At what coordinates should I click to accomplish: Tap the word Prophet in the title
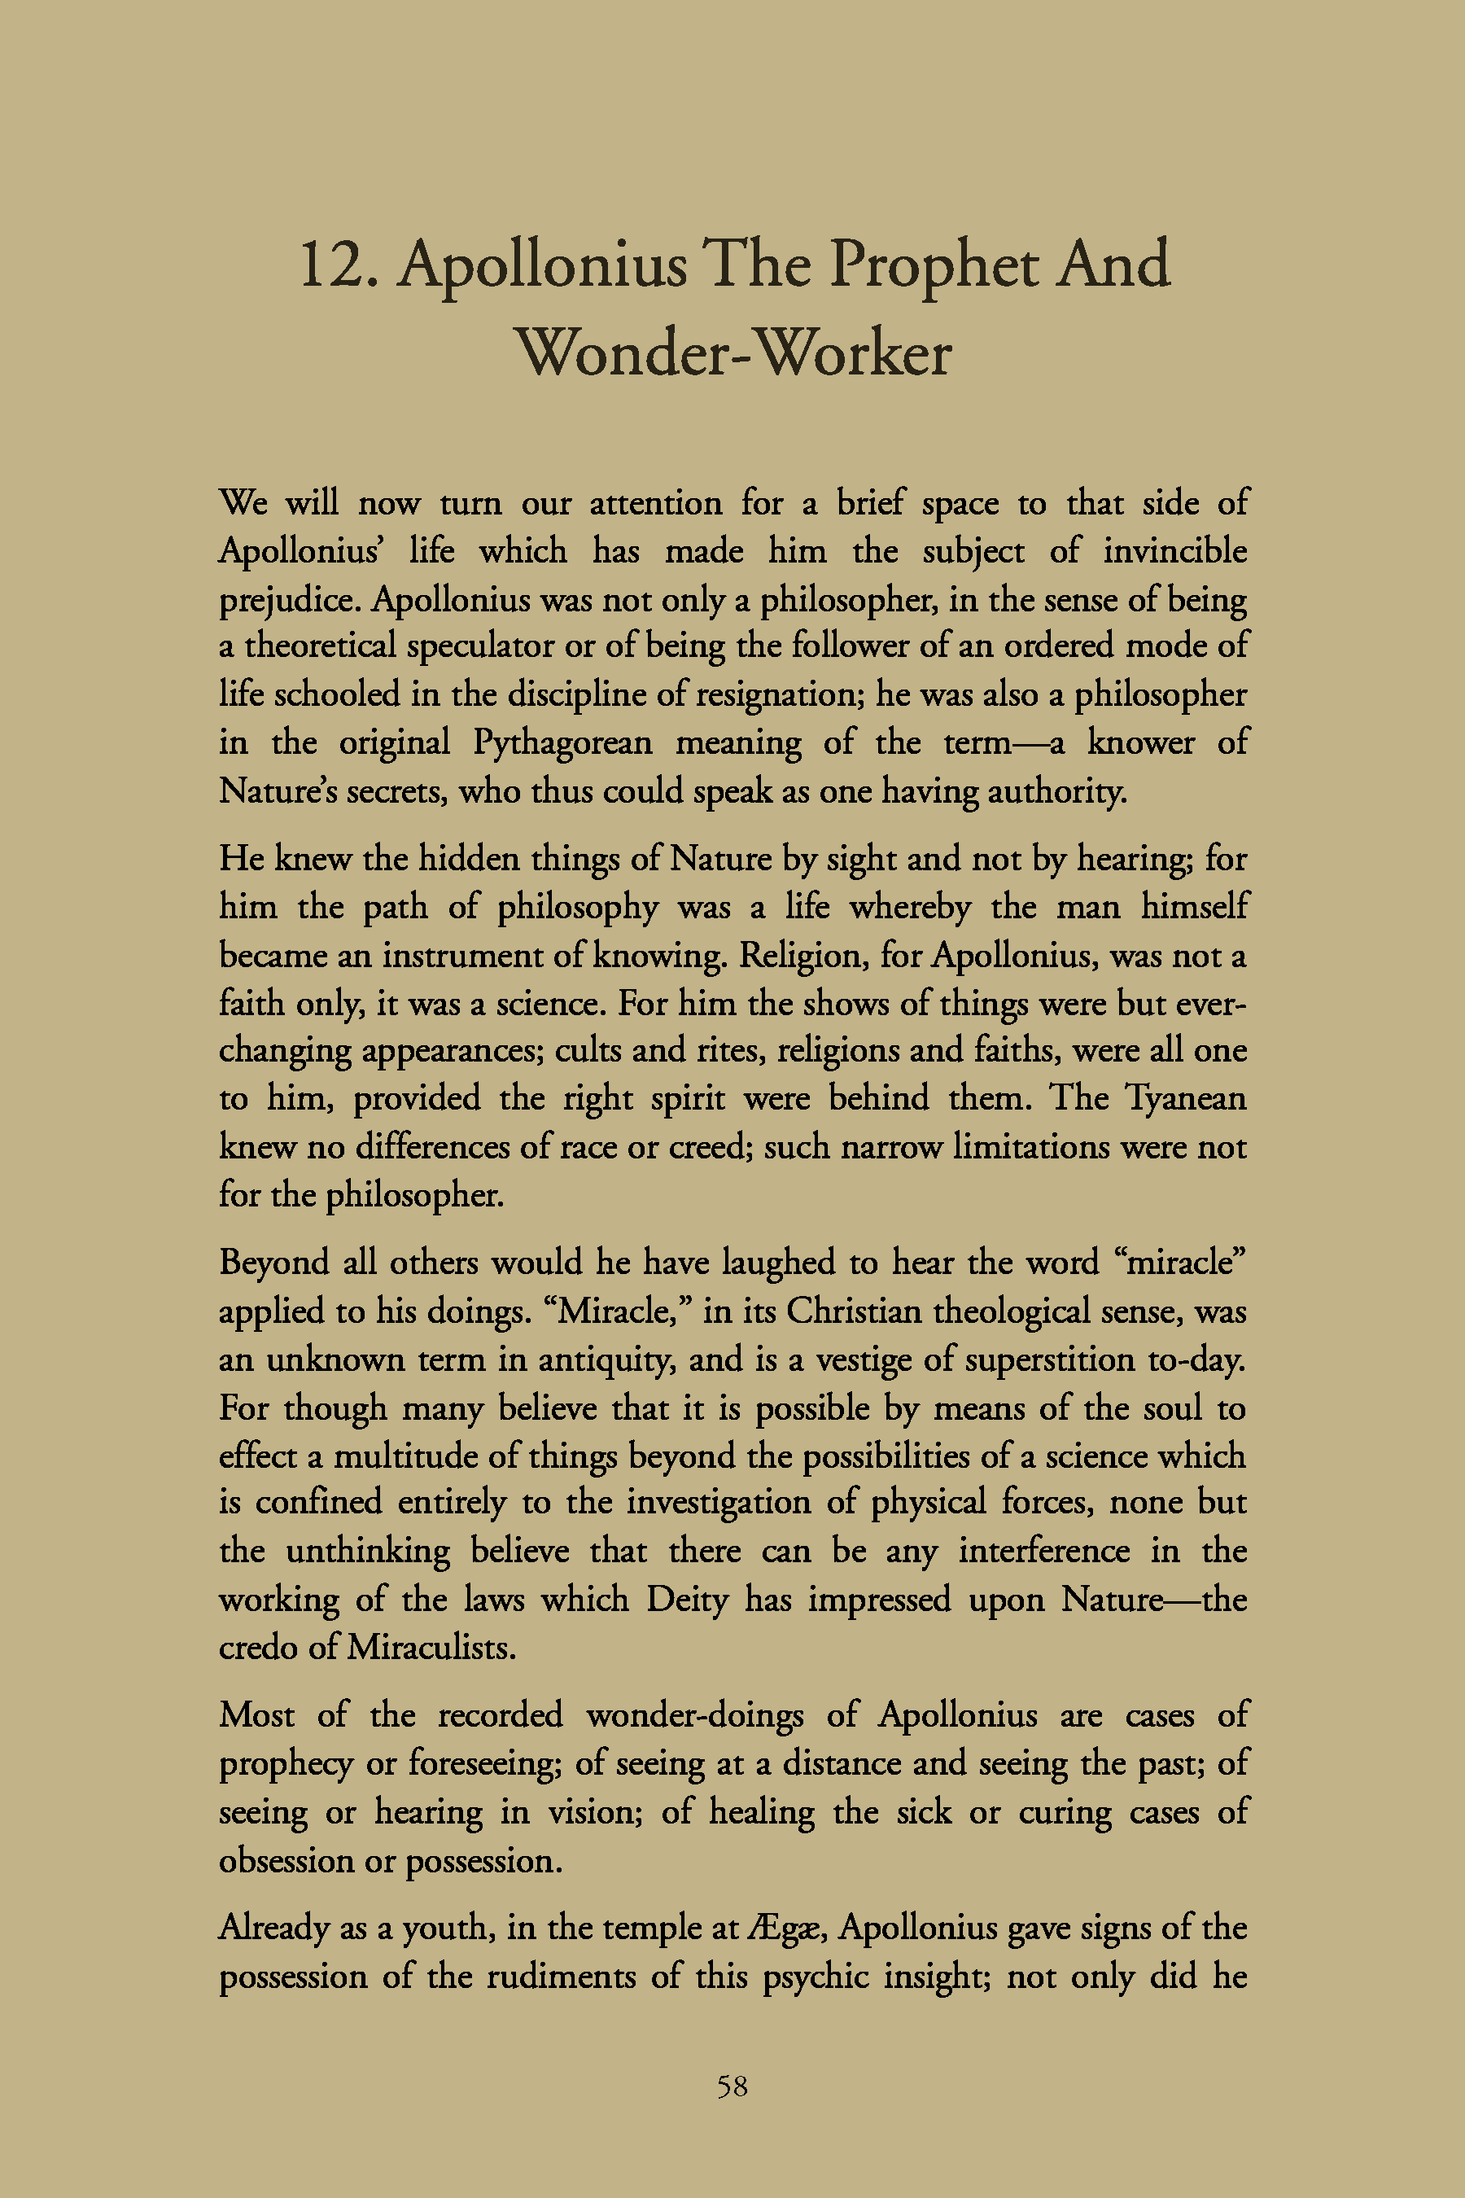[x=934, y=265]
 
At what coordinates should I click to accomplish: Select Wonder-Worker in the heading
[x=733, y=354]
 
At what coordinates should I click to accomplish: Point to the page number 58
[x=732, y=2086]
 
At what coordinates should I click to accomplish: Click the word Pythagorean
[x=562, y=744]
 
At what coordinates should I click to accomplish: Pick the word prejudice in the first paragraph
[x=289, y=600]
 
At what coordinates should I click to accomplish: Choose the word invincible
[x=1174, y=551]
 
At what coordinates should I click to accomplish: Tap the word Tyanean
[x=1185, y=1098]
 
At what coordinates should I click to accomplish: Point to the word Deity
[x=687, y=1599]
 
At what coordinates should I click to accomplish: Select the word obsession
[x=286, y=1861]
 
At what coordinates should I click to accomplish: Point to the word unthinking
[x=367, y=1552]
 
